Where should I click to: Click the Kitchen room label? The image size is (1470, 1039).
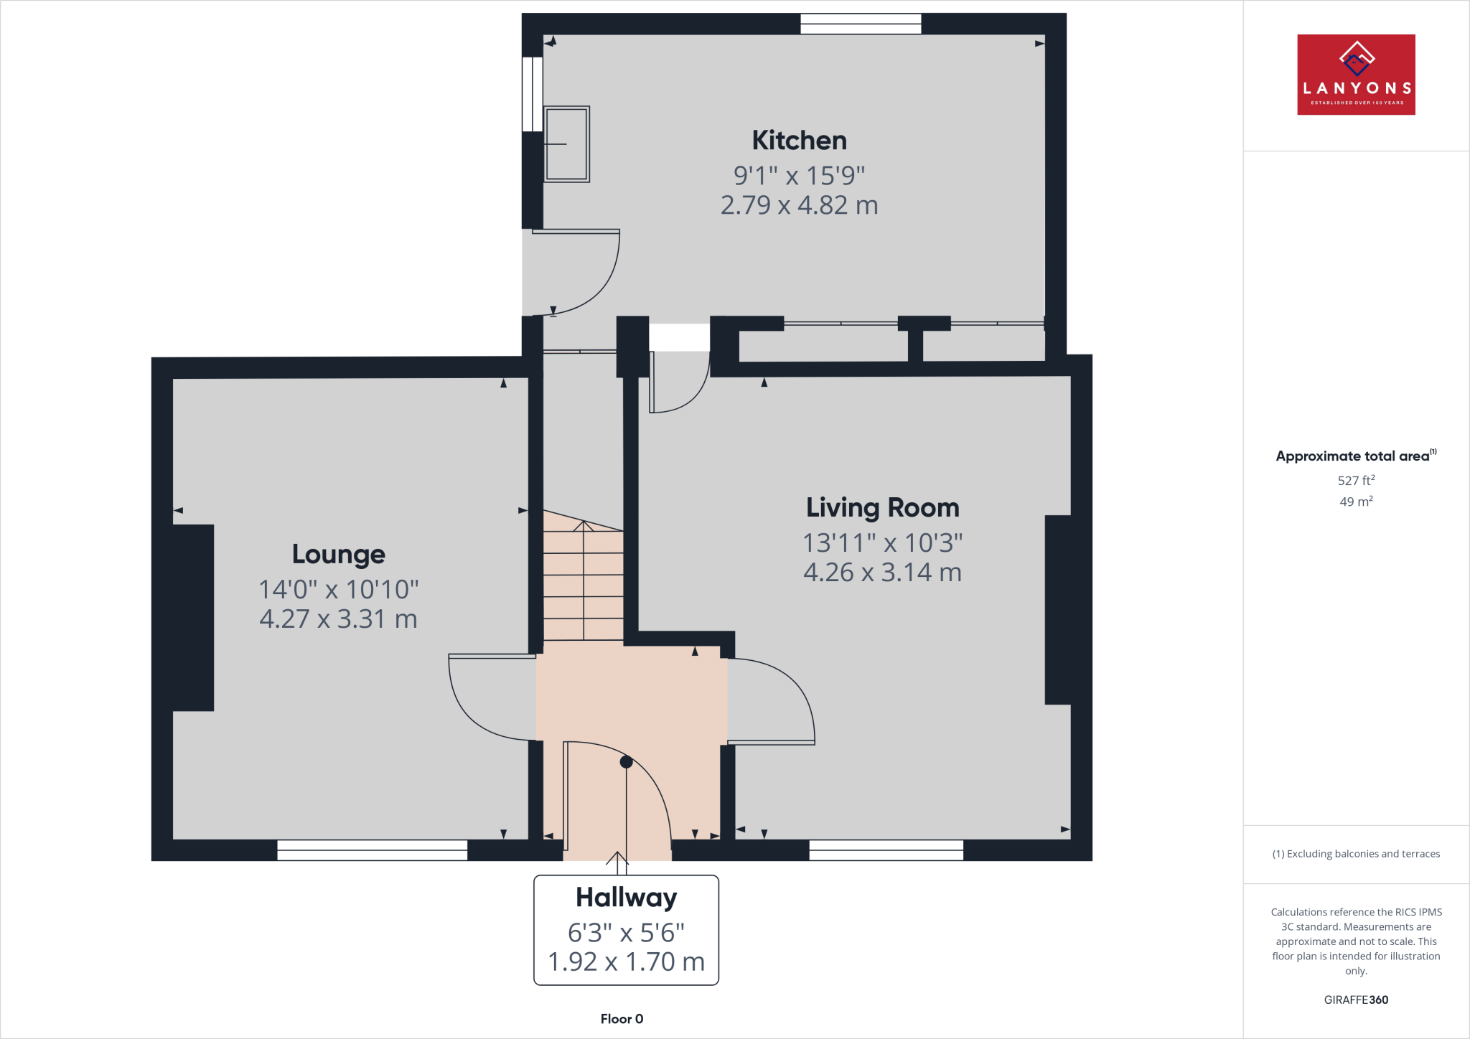pos(799,141)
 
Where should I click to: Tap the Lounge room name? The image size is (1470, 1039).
pos(338,555)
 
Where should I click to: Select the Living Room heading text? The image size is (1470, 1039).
pos(882,508)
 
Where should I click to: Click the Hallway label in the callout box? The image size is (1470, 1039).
pos(626,898)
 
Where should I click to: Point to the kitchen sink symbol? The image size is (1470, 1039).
pos(566,144)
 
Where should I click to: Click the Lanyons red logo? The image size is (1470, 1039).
pos(1356,75)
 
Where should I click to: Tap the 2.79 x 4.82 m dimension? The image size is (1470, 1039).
pos(799,205)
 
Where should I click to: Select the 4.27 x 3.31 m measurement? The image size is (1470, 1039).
pos(338,619)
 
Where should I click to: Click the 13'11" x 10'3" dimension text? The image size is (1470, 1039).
pos(882,543)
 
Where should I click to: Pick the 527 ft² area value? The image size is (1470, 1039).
pos(1356,481)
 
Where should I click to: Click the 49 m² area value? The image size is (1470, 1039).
pos(1356,502)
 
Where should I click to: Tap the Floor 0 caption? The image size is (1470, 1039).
pos(622,1019)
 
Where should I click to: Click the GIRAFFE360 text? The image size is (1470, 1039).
pos(1356,1000)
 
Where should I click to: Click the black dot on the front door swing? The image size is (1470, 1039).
pos(626,762)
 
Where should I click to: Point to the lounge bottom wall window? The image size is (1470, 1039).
pos(372,850)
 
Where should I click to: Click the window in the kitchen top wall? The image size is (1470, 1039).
pos(861,24)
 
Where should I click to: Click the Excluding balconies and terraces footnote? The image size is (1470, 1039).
pos(1356,854)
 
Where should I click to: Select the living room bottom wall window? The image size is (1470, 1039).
pos(886,850)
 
